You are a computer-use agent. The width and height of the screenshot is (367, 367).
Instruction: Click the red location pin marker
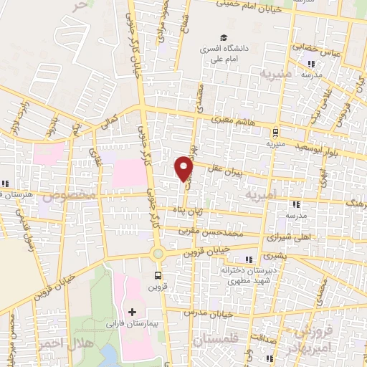pyautogui.click(x=185, y=168)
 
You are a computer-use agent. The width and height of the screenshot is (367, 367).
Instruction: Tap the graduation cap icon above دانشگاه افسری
pyautogui.click(x=224, y=38)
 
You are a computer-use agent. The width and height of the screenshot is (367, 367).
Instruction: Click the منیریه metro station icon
pyautogui.click(x=276, y=131)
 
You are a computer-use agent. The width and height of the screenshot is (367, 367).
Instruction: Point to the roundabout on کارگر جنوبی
pyautogui.click(x=158, y=253)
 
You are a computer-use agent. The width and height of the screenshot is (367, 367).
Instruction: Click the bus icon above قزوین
pyautogui.click(x=158, y=275)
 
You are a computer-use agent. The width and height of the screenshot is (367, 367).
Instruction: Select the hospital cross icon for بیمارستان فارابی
pyautogui.click(x=132, y=312)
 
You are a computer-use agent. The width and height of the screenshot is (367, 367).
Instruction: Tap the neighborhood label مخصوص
pyautogui.click(x=69, y=196)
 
